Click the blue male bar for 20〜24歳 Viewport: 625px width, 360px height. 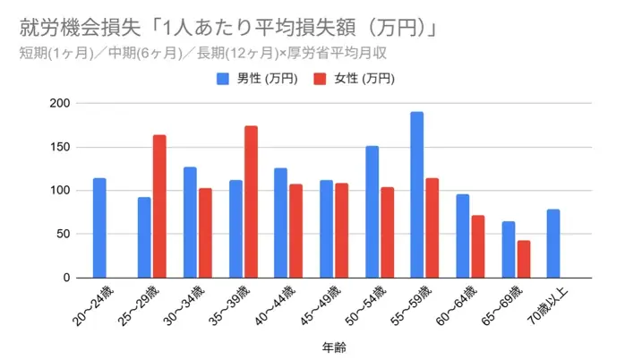pos(99,228)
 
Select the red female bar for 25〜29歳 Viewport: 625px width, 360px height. pos(159,207)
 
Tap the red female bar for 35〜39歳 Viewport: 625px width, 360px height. pos(251,202)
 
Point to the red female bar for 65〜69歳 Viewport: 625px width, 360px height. pos(524,259)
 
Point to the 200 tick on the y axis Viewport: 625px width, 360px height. pos(60,103)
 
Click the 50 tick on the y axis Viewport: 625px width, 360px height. pos(64,235)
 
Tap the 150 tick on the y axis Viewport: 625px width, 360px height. pos(60,147)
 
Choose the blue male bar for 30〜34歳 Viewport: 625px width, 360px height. pos(190,223)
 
